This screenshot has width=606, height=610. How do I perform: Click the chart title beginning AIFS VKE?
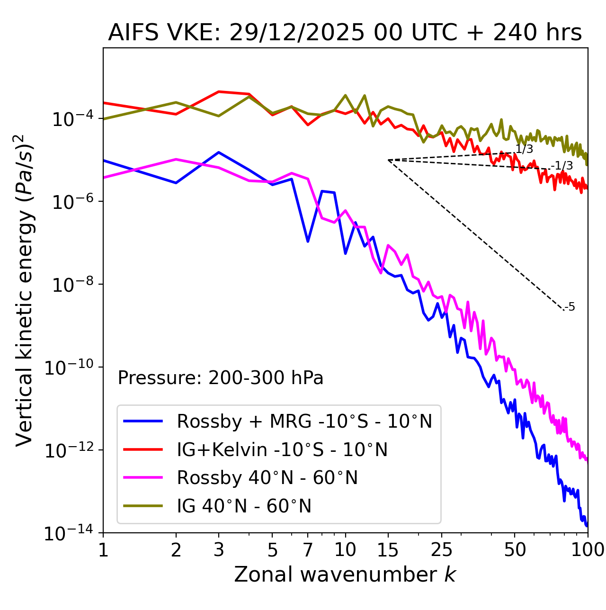(345, 33)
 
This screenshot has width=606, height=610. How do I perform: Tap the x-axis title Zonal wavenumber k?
(345, 574)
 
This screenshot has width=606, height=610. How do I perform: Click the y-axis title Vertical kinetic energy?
(25, 290)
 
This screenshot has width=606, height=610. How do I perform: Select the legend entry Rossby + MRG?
(304, 421)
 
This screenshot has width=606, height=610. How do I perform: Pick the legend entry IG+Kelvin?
(282, 449)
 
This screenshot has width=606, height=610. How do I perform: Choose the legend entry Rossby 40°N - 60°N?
(267, 478)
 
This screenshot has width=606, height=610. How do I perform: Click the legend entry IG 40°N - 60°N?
(244, 506)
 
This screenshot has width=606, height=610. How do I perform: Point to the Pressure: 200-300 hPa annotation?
(220, 378)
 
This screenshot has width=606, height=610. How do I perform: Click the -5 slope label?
(570, 307)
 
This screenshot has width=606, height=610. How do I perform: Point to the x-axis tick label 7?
(308, 550)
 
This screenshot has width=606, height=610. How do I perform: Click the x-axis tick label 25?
(442, 550)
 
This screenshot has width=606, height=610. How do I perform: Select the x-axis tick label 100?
(588, 550)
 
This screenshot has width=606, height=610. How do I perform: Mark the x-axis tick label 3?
(219, 550)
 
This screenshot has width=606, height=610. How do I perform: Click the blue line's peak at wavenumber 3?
(219, 152)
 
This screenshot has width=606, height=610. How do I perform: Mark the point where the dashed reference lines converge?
(388, 160)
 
